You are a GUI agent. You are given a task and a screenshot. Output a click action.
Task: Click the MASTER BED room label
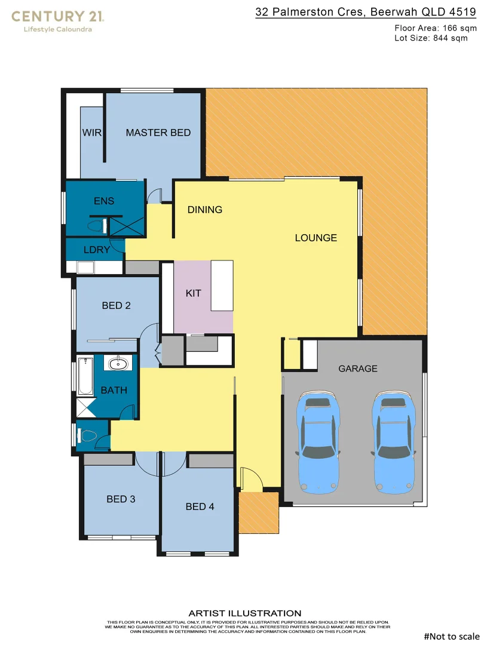point(158,133)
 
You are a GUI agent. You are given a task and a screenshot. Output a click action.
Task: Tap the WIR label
point(90,133)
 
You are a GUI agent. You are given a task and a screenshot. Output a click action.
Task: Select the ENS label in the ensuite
point(104,201)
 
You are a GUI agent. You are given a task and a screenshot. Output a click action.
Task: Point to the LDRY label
point(96,250)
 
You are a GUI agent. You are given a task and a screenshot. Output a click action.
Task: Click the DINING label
point(205,210)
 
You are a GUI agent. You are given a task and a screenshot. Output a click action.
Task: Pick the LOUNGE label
point(316,238)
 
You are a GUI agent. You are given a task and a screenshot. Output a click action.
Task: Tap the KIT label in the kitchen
point(194,293)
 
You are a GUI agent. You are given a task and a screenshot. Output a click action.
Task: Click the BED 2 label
point(116,305)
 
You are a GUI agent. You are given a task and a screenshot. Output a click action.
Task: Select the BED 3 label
point(121,499)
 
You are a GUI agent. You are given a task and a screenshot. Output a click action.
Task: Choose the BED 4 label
point(200,506)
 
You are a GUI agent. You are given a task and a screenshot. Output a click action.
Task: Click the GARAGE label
point(358,368)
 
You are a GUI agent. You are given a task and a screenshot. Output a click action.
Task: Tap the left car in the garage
point(320,441)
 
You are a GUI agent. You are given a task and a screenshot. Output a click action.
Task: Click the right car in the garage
point(393,441)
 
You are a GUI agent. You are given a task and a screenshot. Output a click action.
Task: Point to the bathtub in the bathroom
point(83,376)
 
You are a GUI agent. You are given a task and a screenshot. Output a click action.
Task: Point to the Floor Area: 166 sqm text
point(436,27)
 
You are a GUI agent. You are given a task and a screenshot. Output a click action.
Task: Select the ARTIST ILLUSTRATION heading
point(245,613)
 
